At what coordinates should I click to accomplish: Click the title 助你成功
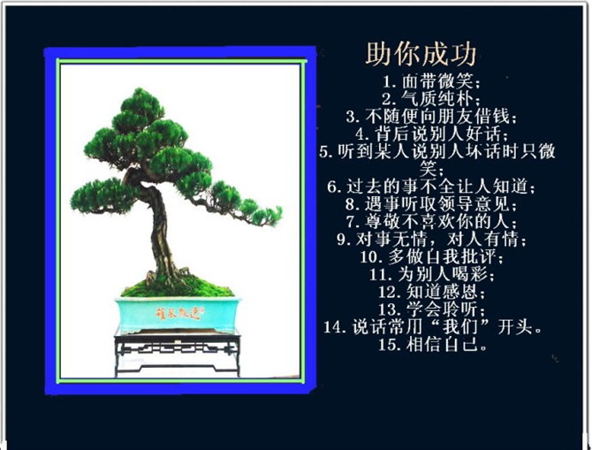421,54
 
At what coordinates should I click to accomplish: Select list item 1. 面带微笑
431,81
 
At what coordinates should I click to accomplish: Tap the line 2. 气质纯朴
431,99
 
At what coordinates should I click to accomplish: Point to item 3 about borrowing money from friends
431,117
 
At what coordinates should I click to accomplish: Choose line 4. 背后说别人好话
432,133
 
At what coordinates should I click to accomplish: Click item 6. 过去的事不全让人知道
431,187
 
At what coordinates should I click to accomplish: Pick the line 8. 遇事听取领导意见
431,204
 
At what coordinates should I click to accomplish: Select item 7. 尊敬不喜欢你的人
431,221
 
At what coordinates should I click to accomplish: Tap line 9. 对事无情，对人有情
431,239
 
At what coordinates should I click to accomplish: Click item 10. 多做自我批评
431,256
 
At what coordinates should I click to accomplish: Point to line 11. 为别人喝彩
431,274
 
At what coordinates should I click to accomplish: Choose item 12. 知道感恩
431,292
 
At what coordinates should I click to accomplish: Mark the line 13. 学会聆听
431,309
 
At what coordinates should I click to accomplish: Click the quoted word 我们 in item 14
460,327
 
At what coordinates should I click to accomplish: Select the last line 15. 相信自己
432,344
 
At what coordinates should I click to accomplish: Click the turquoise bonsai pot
178,315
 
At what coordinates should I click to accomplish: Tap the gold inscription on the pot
179,314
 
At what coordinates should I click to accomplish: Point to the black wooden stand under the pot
178,353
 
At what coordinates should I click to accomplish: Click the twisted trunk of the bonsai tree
158,226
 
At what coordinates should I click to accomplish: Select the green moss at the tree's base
178,288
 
